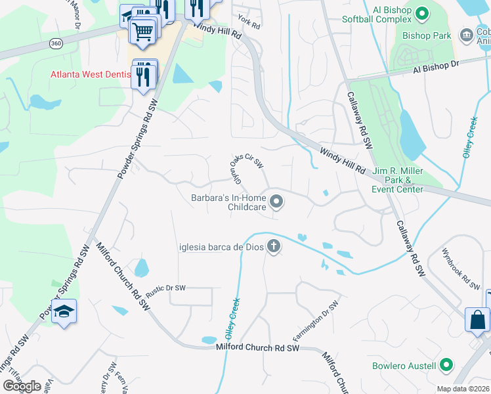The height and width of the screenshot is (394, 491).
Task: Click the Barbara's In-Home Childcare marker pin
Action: (276, 202)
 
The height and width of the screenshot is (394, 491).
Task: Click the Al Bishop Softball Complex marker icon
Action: (423, 11)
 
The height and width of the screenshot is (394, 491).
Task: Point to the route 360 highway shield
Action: (55, 43)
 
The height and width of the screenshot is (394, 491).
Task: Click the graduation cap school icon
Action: (64, 311)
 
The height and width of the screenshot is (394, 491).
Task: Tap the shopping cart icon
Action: (142, 31)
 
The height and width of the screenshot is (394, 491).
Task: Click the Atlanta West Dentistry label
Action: (90, 74)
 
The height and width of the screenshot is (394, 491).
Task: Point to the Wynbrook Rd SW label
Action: (461, 269)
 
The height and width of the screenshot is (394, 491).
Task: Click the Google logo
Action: (22, 386)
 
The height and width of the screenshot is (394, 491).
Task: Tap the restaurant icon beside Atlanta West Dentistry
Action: (143, 76)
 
